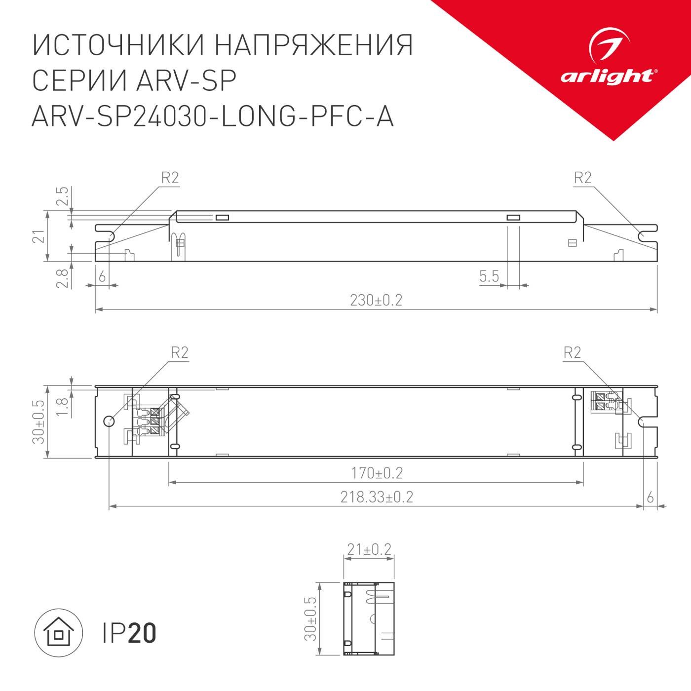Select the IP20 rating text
(x=129, y=633)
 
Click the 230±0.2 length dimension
(x=376, y=300)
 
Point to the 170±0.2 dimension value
(x=377, y=473)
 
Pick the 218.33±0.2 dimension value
(x=376, y=497)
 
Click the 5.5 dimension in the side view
(x=489, y=276)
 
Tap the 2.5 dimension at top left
(x=61, y=196)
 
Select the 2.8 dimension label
(x=61, y=278)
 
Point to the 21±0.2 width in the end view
(x=369, y=549)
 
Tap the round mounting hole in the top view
(x=109, y=421)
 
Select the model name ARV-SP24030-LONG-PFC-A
(x=213, y=117)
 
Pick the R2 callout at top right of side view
(x=582, y=178)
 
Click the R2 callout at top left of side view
(x=170, y=178)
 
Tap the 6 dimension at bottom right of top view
(x=650, y=498)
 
